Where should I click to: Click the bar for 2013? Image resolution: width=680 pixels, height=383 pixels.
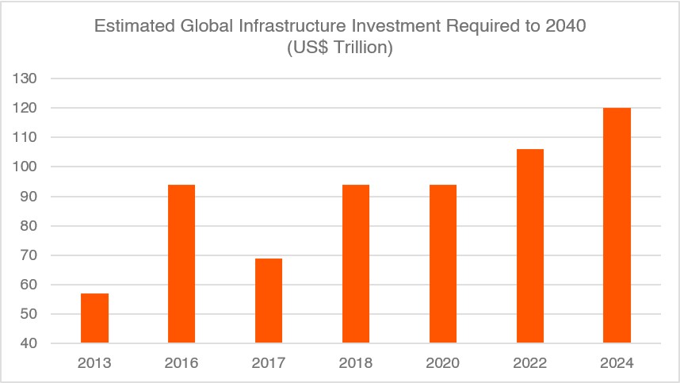pyautogui.click(x=94, y=318)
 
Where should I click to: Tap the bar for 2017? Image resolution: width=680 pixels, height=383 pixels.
pyautogui.click(x=269, y=301)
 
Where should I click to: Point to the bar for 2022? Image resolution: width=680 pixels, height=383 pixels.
pyautogui.click(x=530, y=246)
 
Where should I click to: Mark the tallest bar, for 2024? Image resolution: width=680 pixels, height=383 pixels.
pyautogui.click(x=617, y=225)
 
